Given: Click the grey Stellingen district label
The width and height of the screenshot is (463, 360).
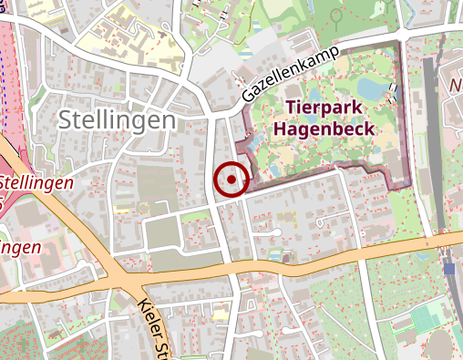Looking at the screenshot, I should (116, 119).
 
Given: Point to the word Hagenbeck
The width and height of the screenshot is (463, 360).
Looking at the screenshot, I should (323, 129).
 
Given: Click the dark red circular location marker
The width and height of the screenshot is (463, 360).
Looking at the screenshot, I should (231, 180).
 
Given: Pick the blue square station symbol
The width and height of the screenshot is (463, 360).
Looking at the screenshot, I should (449, 269).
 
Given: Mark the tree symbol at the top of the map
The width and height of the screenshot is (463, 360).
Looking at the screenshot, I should (336, 15).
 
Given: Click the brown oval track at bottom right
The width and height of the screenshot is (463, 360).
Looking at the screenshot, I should (441, 347).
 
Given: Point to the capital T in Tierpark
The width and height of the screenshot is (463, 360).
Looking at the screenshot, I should (291, 108).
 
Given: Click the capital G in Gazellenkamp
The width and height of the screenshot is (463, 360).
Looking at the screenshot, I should (249, 96).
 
